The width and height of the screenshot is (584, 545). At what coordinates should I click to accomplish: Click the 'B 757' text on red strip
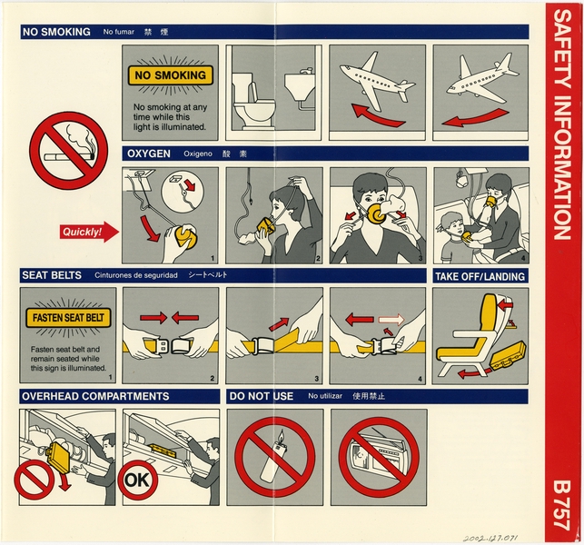(x=562, y=502)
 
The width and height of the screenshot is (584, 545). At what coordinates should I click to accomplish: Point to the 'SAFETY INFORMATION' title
(x=562, y=136)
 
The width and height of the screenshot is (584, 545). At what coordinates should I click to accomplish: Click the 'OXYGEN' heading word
(x=148, y=154)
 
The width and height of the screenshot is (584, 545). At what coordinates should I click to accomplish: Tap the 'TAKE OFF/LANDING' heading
(x=479, y=276)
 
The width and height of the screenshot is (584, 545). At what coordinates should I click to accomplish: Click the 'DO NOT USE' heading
(x=262, y=396)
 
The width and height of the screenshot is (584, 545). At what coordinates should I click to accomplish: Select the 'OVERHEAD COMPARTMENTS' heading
(x=95, y=396)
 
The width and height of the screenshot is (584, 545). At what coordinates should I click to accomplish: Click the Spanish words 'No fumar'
(x=119, y=32)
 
